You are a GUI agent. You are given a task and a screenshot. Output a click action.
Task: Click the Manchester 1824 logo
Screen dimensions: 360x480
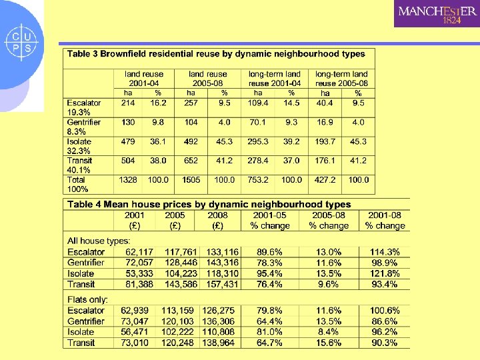(437, 14)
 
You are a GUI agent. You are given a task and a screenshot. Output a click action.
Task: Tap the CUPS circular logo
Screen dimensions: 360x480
(22, 41)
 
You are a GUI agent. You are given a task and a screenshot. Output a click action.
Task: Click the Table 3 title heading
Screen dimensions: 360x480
(216, 53)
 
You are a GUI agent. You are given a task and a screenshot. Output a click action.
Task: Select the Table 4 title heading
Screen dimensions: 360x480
(209, 205)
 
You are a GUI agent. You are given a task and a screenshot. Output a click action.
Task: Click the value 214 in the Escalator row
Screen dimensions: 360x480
(128, 103)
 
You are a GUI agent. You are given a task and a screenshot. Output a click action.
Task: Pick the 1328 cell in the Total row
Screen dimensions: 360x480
(128, 180)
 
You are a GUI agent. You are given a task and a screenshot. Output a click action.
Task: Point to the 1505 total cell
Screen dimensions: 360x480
(191, 180)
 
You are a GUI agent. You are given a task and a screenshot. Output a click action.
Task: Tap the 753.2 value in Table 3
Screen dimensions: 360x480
(258, 180)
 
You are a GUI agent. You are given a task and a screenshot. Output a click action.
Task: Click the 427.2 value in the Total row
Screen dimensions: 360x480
(325, 180)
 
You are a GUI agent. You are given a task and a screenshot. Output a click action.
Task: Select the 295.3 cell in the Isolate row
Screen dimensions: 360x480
(258, 141)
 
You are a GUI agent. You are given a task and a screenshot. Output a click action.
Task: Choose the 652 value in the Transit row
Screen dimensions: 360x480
(191, 161)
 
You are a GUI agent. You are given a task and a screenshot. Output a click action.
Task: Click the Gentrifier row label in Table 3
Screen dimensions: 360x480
(83, 122)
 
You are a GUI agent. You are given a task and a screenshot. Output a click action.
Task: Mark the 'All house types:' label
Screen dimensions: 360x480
(99, 241)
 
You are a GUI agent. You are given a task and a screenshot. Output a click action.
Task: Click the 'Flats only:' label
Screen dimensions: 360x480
(87, 300)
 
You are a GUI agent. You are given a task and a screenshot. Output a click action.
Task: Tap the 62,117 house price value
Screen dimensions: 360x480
(137, 252)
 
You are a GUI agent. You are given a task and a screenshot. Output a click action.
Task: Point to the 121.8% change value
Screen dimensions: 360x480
(385, 274)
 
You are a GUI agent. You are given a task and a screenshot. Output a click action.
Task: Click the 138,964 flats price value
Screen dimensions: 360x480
(218, 343)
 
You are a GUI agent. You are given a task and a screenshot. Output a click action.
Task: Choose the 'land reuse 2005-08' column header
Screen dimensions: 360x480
(207, 79)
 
